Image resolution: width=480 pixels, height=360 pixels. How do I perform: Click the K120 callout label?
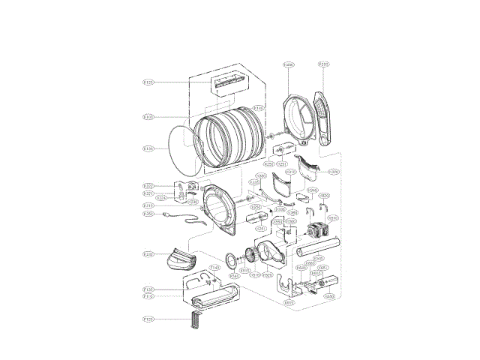click(148, 82)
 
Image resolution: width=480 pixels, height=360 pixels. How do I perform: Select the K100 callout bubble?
click(148, 116)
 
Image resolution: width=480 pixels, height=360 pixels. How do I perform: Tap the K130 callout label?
click(148, 148)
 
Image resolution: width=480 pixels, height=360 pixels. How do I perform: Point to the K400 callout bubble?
click(288, 65)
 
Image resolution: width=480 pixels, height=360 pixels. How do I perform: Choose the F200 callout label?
click(323, 64)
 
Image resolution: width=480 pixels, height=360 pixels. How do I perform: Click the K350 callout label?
click(148, 214)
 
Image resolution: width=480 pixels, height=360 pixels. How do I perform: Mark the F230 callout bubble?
click(148, 254)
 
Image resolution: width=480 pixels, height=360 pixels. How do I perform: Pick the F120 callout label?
click(148, 319)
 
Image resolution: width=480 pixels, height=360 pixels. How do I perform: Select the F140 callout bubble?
click(214, 266)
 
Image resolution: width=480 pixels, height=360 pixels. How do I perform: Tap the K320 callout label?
click(148, 186)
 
